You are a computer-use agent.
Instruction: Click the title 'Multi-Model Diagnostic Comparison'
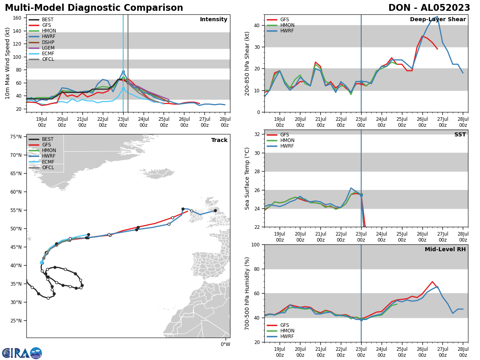click(94, 8)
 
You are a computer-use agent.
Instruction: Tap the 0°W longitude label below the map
click(225, 344)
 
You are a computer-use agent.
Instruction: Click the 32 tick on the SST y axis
click(258, 134)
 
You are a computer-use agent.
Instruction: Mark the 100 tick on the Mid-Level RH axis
click(256, 244)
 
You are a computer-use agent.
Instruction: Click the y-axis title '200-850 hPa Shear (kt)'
click(247, 63)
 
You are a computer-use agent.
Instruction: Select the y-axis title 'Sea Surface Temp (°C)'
click(247, 178)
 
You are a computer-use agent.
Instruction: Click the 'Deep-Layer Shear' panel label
click(438, 20)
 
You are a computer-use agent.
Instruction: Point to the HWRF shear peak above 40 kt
click(437, 17)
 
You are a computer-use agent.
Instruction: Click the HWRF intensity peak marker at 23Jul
click(123, 72)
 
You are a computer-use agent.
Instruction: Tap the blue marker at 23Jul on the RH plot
click(361, 320)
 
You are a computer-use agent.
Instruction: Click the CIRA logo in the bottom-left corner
click(22, 353)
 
